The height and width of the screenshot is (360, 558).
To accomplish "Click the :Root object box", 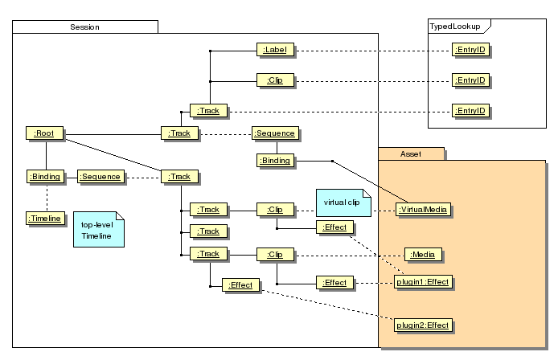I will click(44, 133).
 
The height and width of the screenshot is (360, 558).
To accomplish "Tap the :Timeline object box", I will click(44, 218).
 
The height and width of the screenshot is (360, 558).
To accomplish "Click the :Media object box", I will click(424, 255).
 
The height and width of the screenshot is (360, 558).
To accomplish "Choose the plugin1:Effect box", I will click(423, 282).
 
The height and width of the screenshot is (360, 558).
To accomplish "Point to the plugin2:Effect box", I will click(423, 325).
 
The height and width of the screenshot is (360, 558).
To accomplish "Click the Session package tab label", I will click(84, 27).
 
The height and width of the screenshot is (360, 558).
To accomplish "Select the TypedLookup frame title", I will click(456, 27).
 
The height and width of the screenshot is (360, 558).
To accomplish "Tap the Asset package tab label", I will click(410, 153).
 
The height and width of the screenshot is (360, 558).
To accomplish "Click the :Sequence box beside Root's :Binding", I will click(101, 177).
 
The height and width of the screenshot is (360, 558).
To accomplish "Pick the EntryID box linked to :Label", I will click(470, 51).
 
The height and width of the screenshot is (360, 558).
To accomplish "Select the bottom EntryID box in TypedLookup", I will click(470, 110).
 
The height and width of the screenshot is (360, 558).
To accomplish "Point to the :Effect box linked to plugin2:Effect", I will click(241, 285).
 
